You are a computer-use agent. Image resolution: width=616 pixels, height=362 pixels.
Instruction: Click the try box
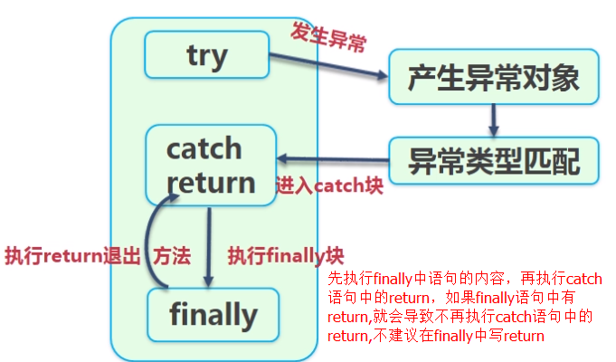click(206, 55)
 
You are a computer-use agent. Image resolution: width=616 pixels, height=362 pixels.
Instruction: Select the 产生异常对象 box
click(493, 78)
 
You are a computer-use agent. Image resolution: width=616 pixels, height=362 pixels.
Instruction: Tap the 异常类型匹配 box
click(493, 161)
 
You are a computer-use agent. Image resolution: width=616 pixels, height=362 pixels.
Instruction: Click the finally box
click(213, 314)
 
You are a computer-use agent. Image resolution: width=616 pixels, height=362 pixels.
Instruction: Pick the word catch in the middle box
click(204, 148)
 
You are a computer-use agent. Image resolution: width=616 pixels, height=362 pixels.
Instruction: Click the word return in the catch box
click(211, 182)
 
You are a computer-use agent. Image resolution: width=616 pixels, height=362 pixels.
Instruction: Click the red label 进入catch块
click(329, 187)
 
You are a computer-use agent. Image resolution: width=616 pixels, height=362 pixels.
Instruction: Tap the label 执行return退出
click(72, 256)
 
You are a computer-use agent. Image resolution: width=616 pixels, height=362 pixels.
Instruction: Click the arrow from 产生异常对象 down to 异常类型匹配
click(494, 119)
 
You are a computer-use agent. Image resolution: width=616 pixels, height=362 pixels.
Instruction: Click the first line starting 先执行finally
click(464, 278)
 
